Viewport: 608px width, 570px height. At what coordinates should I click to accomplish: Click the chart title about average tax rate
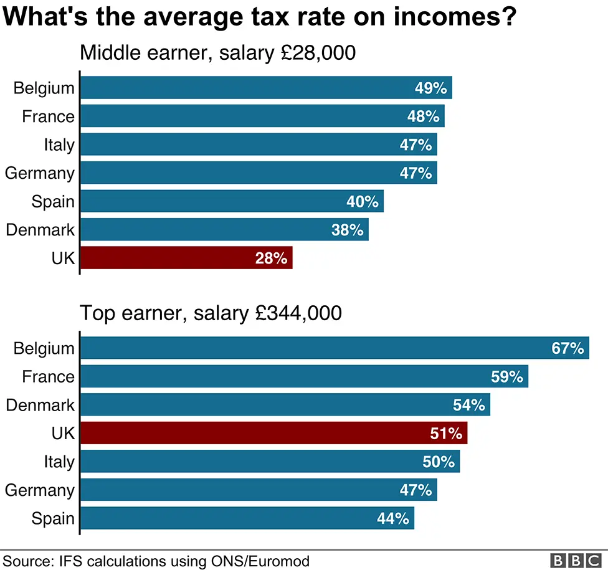260,17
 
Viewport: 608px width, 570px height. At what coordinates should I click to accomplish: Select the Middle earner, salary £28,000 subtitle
217,52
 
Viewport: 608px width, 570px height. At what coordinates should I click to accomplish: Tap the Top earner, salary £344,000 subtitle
211,313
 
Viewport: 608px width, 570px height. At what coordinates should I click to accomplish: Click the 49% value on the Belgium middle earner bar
431,88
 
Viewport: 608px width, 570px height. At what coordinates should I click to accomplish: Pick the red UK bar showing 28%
186,258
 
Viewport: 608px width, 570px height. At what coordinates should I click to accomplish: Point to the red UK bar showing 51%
274,433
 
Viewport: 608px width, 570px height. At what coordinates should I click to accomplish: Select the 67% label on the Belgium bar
568,348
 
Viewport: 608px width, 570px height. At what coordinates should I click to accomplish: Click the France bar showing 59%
305,376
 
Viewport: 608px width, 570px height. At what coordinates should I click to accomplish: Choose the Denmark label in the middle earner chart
40,230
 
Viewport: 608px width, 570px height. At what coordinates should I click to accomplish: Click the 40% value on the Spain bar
363,201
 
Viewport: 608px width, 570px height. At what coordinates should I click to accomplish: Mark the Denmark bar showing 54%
285,405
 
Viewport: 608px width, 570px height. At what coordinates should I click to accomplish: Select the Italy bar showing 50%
270,462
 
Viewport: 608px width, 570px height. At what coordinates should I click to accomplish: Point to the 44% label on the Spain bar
393,518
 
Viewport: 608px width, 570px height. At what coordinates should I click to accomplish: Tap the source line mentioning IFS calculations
156,561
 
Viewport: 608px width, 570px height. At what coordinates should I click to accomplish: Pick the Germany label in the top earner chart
40,490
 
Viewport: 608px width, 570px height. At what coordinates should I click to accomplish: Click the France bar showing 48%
262,116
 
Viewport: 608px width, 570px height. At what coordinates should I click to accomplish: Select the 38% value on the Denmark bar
348,230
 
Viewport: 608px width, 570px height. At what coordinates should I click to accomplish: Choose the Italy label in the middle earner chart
59,145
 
